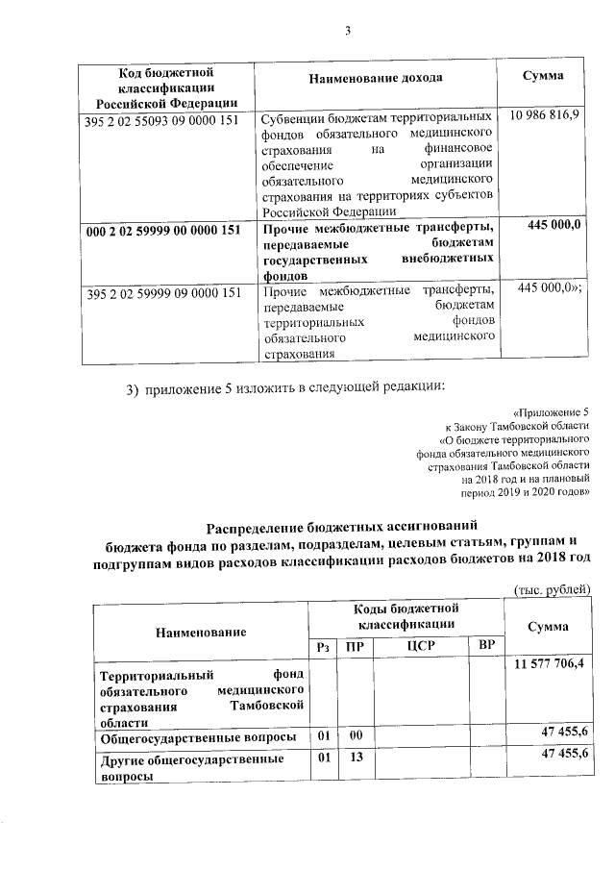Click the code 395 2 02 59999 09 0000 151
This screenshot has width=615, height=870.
click(x=162, y=293)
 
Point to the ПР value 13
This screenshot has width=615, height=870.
click(x=355, y=758)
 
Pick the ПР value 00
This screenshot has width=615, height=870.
click(x=355, y=735)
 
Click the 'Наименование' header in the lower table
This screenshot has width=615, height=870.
click(x=200, y=632)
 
